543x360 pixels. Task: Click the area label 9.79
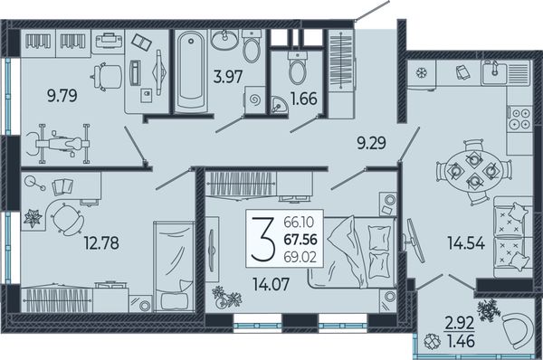pyautogui.click(x=62, y=96)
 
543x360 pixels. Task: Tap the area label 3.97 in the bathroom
pyautogui.click(x=227, y=77)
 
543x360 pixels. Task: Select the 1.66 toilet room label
pyautogui.click(x=304, y=99)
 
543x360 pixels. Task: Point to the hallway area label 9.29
pyautogui.click(x=372, y=143)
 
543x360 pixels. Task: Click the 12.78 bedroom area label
pyautogui.click(x=101, y=243)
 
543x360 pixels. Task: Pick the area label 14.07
pyautogui.click(x=271, y=285)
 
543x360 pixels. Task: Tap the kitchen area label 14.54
pyautogui.click(x=466, y=242)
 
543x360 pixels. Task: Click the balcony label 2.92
pyautogui.click(x=460, y=325)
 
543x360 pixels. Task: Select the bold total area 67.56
pyautogui.click(x=300, y=240)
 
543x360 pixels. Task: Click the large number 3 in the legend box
pyautogui.click(x=263, y=239)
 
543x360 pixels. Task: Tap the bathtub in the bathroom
pyautogui.click(x=191, y=72)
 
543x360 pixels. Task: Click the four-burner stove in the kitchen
pyautogui.click(x=519, y=118)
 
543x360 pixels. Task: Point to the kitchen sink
pyautogui.click(x=494, y=72)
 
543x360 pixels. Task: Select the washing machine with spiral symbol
pyautogui.click(x=255, y=100)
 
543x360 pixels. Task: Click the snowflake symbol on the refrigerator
pyautogui.click(x=421, y=73)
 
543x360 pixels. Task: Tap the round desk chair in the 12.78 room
pyautogui.click(x=68, y=218)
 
